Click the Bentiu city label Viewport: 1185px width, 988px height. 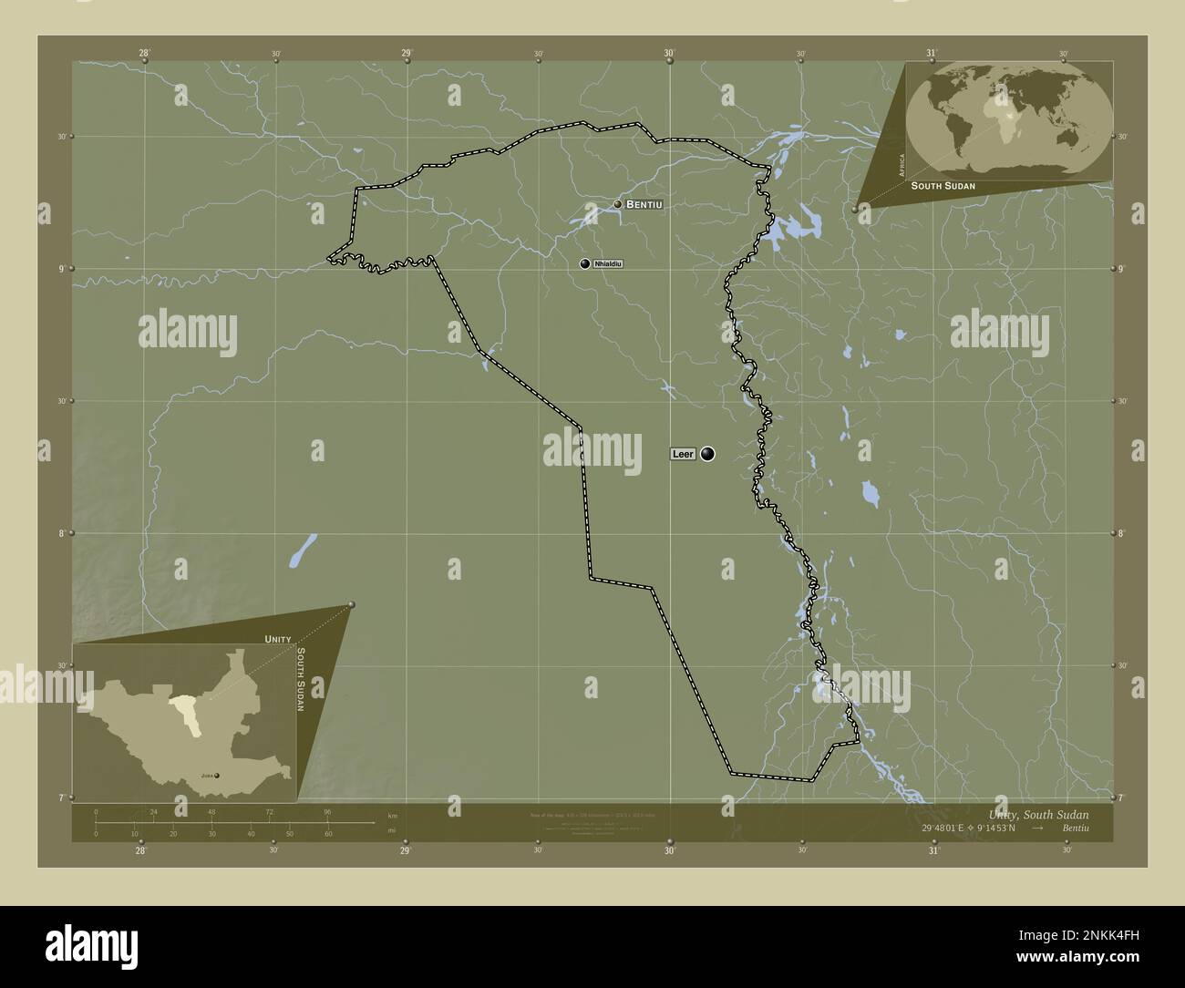click(x=644, y=205)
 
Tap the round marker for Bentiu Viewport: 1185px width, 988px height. click(x=617, y=205)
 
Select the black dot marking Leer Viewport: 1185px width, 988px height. click(x=707, y=454)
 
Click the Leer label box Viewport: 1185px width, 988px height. click(x=683, y=454)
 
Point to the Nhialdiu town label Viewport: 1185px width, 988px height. click(x=607, y=263)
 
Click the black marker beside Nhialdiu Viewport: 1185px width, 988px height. click(x=585, y=263)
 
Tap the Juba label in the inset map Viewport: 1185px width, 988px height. click(x=206, y=777)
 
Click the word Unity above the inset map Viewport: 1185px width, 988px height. click(x=278, y=640)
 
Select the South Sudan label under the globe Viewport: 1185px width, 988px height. click(x=943, y=186)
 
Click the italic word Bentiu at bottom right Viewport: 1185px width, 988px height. click(x=1075, y=828)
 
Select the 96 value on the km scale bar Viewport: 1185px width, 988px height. click(x=326, y=811)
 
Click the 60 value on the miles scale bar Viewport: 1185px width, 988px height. click(x=328, y=834)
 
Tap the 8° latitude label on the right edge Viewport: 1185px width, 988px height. click(x=1123, y=533)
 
